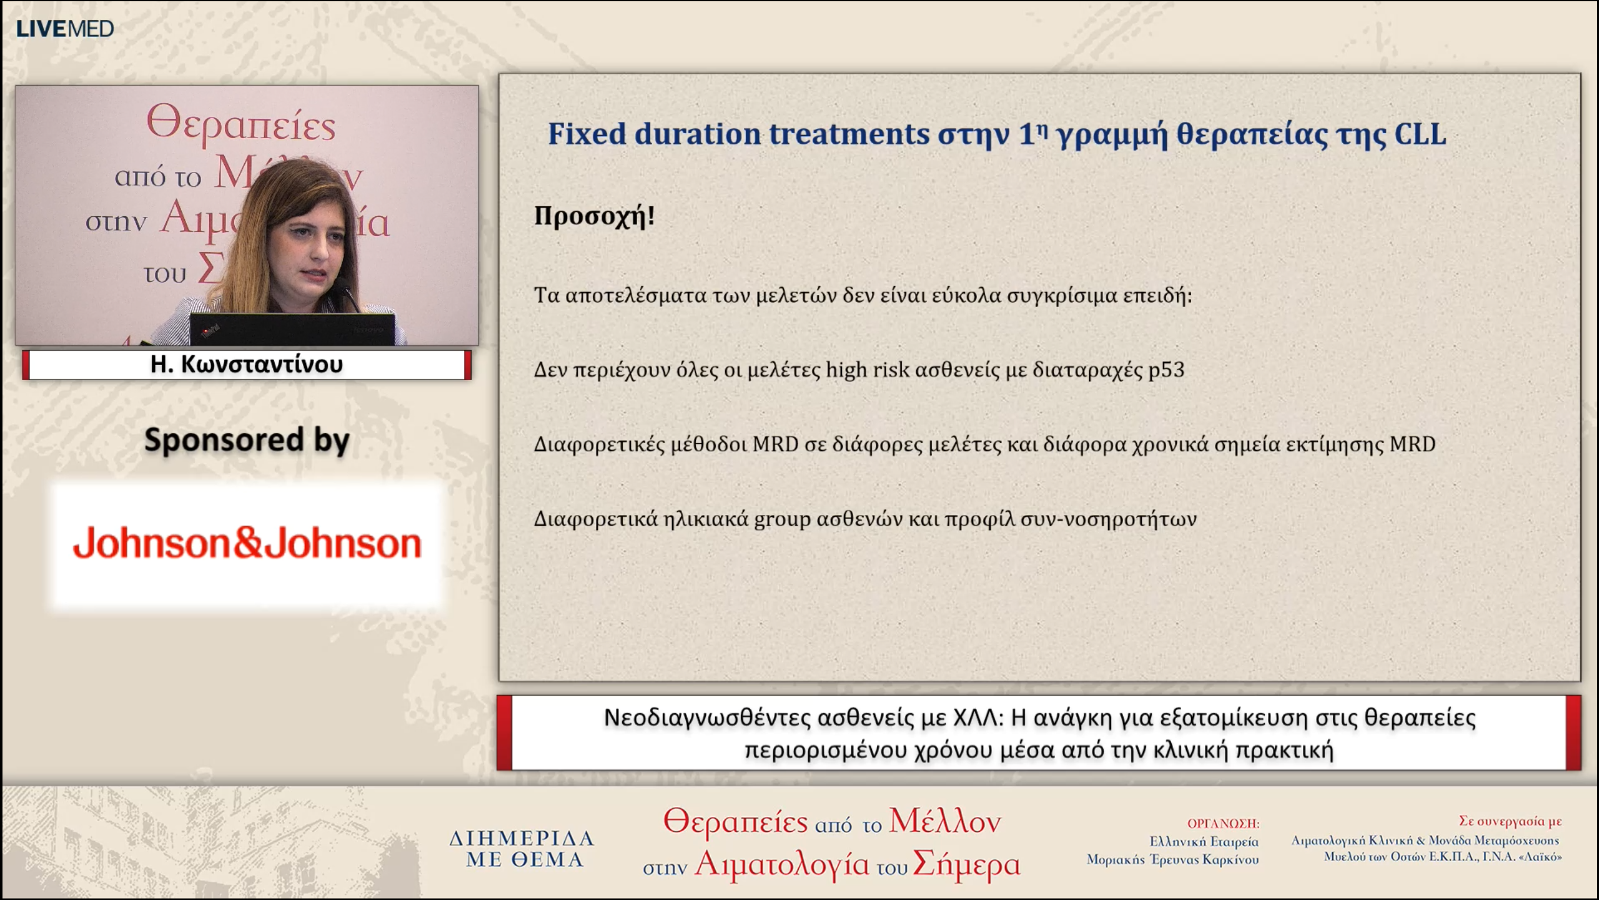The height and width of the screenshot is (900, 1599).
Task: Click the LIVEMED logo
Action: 64,29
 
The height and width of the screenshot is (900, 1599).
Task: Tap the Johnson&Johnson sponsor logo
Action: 247,542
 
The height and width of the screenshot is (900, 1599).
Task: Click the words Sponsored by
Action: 247,440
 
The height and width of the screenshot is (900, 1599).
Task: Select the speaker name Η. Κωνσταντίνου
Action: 247,364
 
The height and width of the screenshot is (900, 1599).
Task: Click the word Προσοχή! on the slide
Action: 594,216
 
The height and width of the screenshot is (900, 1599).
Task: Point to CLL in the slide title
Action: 1420,134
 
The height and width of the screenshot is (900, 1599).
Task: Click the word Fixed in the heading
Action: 587,134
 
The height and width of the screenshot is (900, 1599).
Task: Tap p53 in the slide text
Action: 1166,369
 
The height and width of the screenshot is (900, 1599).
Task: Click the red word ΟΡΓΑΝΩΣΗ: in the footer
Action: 1223,824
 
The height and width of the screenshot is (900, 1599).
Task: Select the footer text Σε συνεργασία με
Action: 1510,821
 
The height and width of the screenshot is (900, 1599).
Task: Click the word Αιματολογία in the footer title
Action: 781,864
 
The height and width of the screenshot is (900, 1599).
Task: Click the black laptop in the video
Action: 292,329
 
